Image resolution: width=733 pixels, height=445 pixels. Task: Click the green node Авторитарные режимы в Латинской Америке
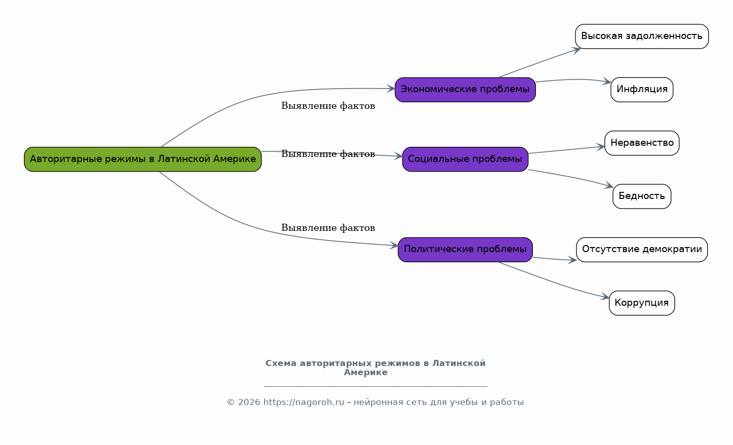pos(143,159)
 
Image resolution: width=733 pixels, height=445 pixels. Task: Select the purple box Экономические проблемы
pos(465,90)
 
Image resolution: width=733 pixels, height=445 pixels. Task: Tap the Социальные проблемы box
pos(465,159)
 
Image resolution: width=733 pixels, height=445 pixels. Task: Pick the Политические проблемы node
pos(465,250)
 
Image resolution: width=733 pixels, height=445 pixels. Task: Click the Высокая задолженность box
pos(642,36)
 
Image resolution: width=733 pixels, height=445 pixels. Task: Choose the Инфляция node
pos(642,90)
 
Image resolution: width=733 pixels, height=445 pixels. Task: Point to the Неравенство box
pos(642,143)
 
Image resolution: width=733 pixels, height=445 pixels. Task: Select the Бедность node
pos(642,196)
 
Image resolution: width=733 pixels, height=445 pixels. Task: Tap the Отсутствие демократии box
pos(642,250)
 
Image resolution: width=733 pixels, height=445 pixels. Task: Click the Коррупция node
pos(642,303)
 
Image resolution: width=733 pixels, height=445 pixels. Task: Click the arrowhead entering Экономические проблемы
pos(391,89)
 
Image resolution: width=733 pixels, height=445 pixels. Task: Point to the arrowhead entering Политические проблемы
pos(394,246)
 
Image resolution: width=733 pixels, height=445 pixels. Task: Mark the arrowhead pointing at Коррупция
pos(605,297)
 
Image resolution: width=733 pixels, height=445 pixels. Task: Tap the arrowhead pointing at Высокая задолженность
pos(576,50)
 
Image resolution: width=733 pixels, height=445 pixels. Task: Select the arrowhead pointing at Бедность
pos(609,185)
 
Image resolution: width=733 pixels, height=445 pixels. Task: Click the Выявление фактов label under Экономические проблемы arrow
pos(328,106)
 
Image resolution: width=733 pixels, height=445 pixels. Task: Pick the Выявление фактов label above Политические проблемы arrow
pos(328,228)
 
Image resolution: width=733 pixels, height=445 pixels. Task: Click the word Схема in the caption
pos(281,363)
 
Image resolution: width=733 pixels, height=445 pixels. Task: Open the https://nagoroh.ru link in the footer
pos(303,402)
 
